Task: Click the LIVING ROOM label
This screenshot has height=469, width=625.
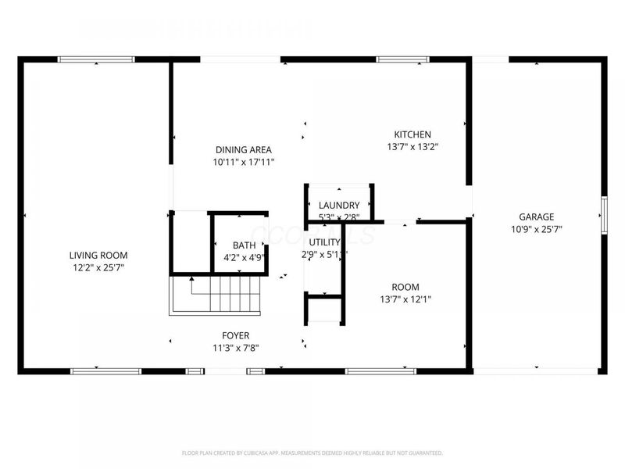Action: click(x=98, y=255)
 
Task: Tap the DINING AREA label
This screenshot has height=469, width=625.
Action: click(x=243, y=149)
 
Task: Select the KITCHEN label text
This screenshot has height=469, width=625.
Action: click(x=412, y=134)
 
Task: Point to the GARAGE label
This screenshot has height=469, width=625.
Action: click(x=536, y=217)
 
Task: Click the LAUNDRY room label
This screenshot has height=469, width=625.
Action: click(x=339, y=205)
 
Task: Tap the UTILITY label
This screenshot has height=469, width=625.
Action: click(x=323, y=242)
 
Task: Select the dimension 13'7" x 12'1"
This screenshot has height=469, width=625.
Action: click(x=405, y=299)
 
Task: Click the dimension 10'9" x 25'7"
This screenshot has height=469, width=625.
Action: click(x=536, y=229)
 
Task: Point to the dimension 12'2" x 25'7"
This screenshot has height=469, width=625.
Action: click(x=98, y=267)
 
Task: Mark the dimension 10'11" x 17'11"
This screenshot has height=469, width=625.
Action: click(x=243, y=162)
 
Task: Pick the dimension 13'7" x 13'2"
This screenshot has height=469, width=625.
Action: click(x=412, y=146)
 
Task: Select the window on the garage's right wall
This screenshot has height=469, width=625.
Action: click(x=603, y=215)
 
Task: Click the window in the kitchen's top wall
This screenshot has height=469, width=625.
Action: click(x=402, y=59)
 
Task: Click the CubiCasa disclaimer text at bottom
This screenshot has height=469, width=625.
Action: click(x=312, y=453)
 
